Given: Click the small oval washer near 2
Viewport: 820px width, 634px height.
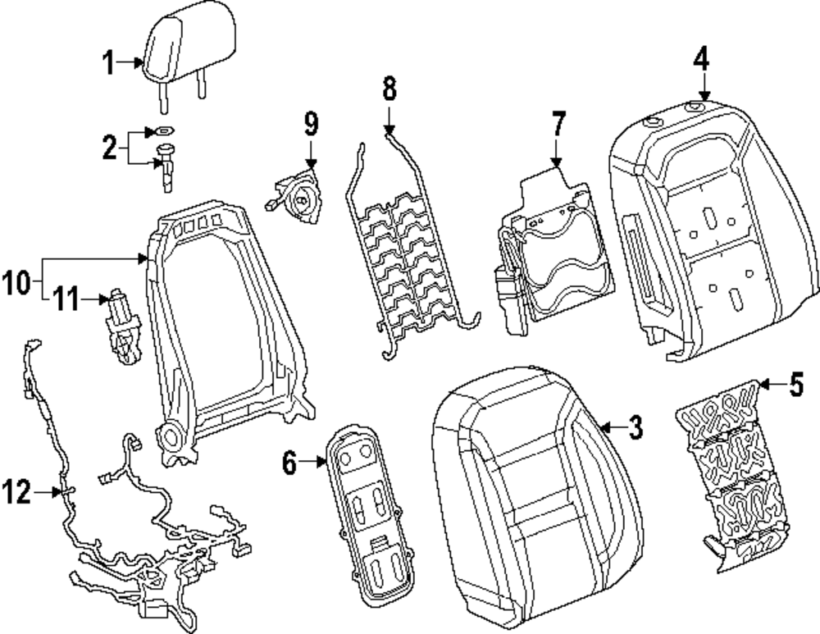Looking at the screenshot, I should tap(162, 130).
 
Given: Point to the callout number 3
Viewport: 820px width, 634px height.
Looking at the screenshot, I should tap(635, 427).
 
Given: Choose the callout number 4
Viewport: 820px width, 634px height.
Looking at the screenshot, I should tap(703, 58).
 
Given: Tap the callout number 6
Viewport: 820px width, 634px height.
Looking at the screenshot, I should tap(289, 464).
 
